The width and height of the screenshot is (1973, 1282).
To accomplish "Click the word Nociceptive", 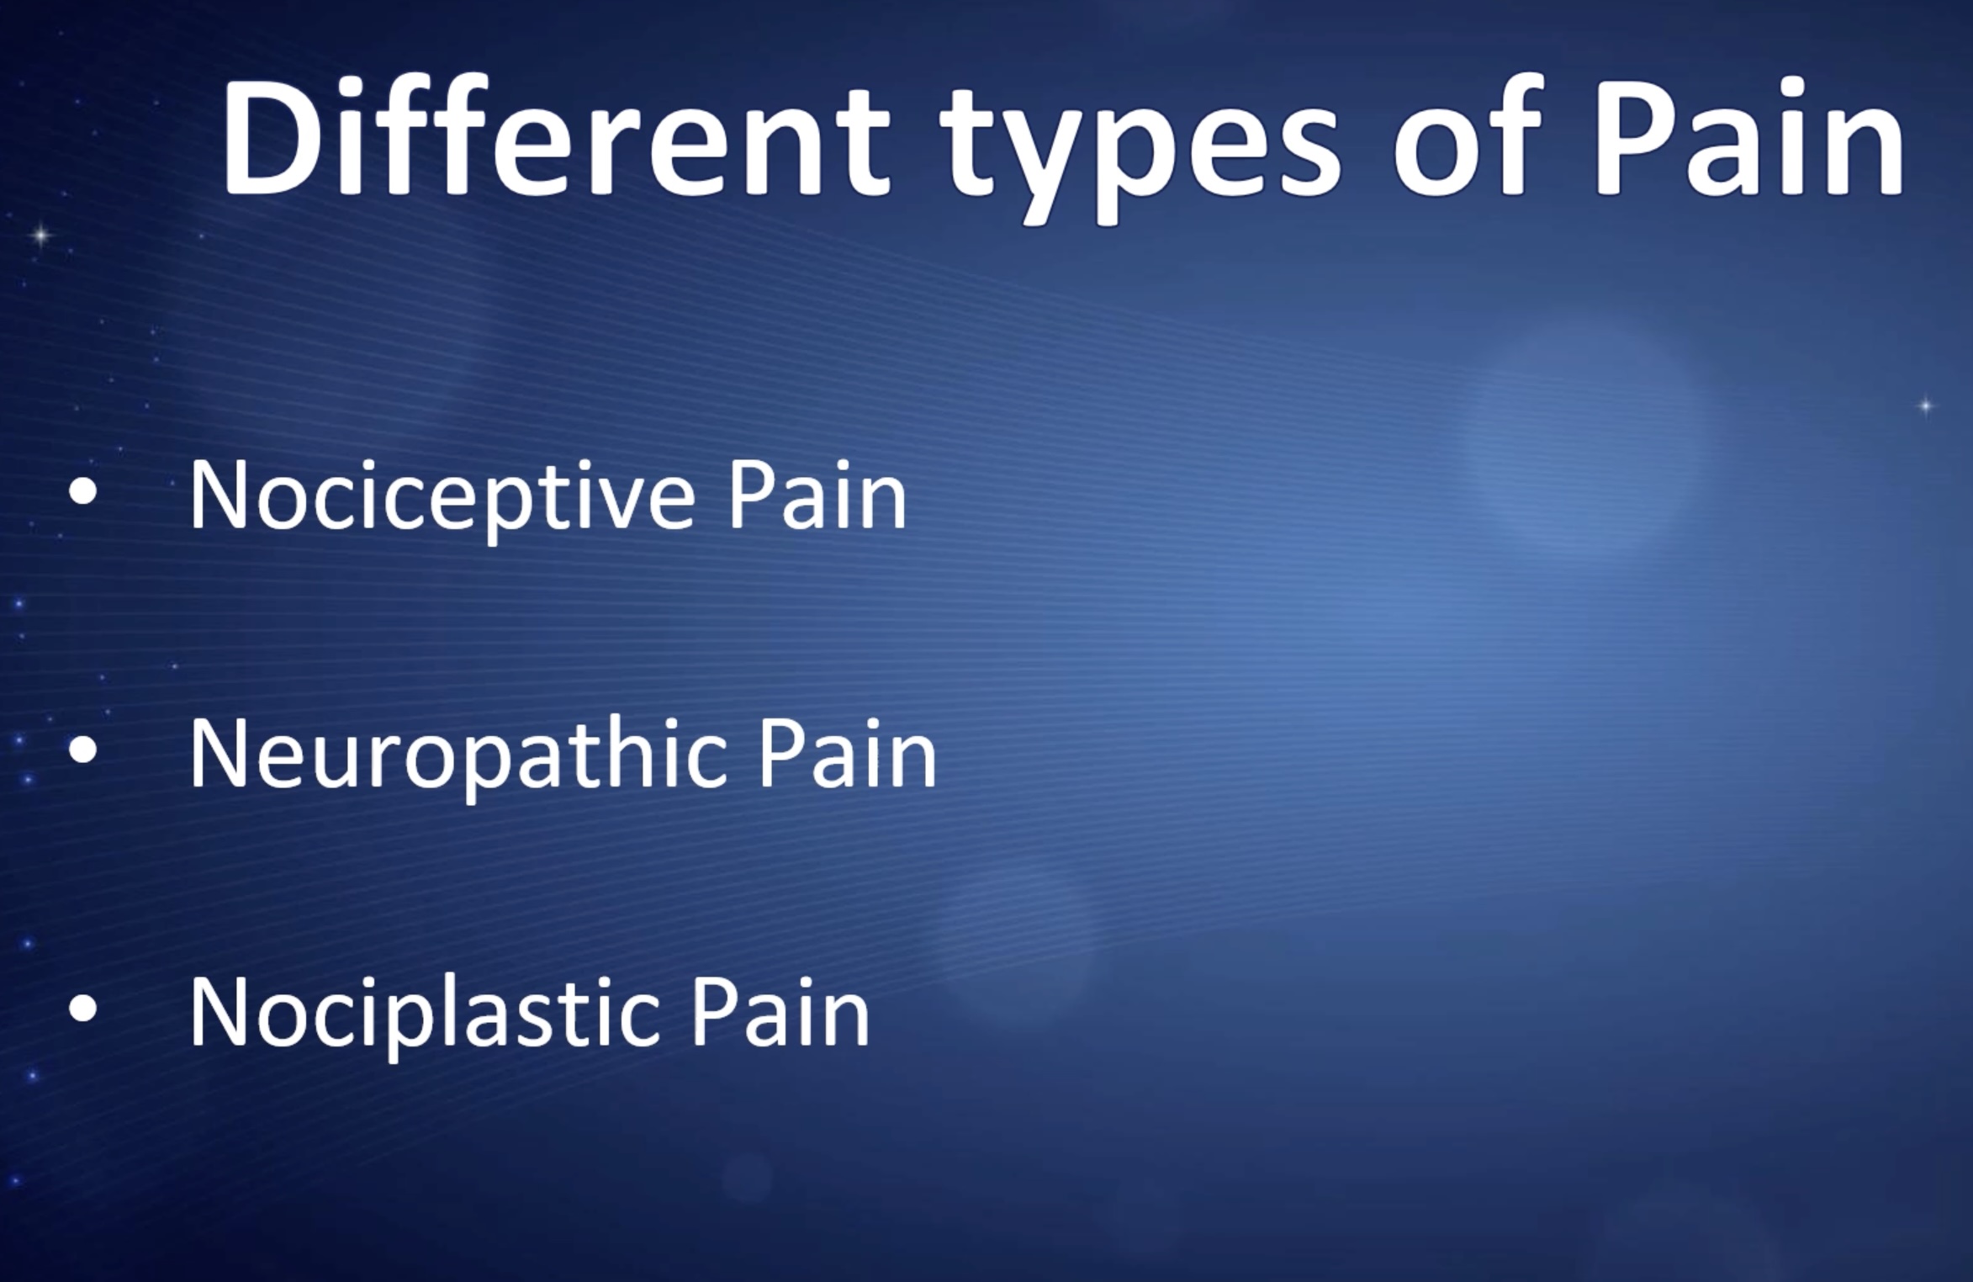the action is [x=442, y=497].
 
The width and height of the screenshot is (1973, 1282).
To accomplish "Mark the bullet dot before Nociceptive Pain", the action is [x=83, y=495].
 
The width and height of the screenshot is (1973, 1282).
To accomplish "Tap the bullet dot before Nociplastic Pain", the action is [x=83, y=1009].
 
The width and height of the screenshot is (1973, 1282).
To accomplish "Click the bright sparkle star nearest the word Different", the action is [x=39, y=234].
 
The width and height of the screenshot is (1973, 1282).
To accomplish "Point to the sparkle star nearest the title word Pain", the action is [x=1926, y=407].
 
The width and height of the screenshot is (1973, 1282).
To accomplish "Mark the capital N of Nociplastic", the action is [x=221, y=1013].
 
